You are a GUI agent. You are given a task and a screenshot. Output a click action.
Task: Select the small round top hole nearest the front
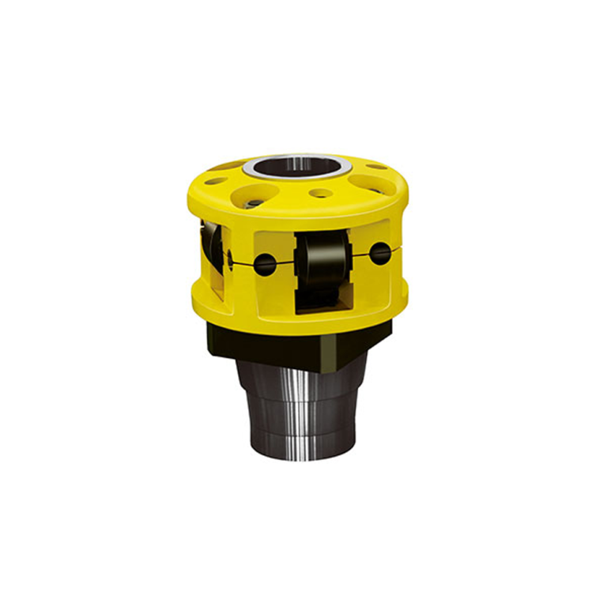pyautogui.click(x=321, y=193)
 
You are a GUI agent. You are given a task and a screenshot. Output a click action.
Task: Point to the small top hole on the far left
pyautogui.click(x=214, y=181)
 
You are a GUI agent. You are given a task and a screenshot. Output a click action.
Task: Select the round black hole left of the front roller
pyautogui.click(x=266, y=263)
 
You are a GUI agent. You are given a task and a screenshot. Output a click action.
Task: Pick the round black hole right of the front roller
pyautogui.click(x=381, y=253)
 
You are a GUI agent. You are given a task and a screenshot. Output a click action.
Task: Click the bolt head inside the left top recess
pyautogui.click(x=251, y=203)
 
